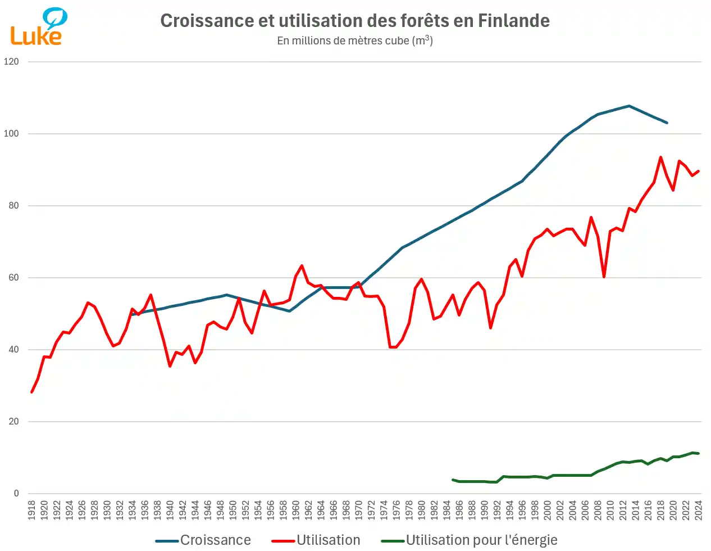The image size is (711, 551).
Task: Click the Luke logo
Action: pos(38,27)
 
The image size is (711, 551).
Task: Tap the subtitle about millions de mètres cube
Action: pos(354,40)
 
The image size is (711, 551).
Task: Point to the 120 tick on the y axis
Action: pos(11,62)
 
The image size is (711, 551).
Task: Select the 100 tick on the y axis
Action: pos(11,134)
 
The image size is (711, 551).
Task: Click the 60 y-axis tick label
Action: pos(13,278)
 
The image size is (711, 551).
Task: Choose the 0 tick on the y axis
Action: pos(16,494)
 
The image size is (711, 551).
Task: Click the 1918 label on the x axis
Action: pos(31,511)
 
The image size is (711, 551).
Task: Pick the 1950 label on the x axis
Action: pos(233,511)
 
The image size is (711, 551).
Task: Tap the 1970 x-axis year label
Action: pos(358,511)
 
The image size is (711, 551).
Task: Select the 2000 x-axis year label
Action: pos(548,511)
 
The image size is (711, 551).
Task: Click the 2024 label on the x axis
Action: pos(699,511)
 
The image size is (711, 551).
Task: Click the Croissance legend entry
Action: pos(203,540)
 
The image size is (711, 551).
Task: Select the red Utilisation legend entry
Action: pos(316,540)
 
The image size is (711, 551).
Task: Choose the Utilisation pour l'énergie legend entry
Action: pos(470,540)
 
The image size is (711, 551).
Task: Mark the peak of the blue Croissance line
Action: pos(629,106)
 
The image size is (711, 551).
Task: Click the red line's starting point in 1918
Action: pos(31,392)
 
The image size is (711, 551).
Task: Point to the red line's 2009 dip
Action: pos(604,277)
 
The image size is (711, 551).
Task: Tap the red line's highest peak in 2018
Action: pos(660,157)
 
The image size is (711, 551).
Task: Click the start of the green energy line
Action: pos(453,480)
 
